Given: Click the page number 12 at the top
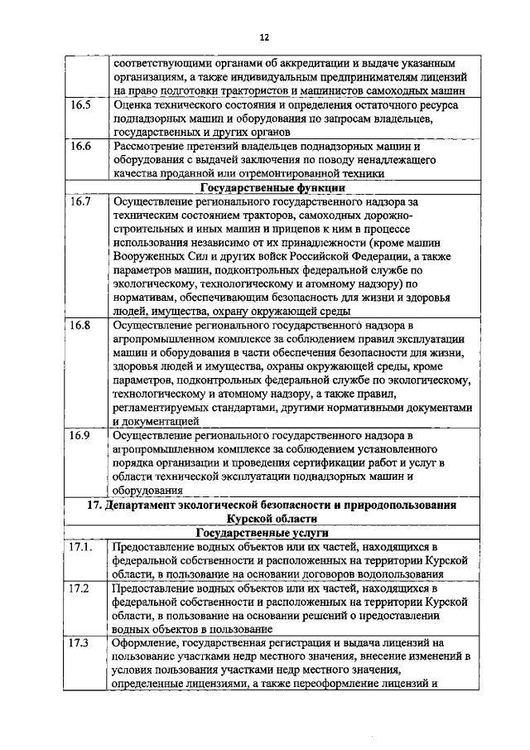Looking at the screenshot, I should [x=264, y=37].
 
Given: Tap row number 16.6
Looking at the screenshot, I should [x=80, y=147].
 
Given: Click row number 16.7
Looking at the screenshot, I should [x=80, y=201].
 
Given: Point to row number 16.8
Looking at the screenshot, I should [x=80, y=326].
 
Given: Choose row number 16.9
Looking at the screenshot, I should [x=80, y=434].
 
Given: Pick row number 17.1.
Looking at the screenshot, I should [x=82, y=548].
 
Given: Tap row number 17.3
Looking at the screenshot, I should [x=80, y=642].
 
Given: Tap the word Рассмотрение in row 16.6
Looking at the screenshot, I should [x=152, y=147].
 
